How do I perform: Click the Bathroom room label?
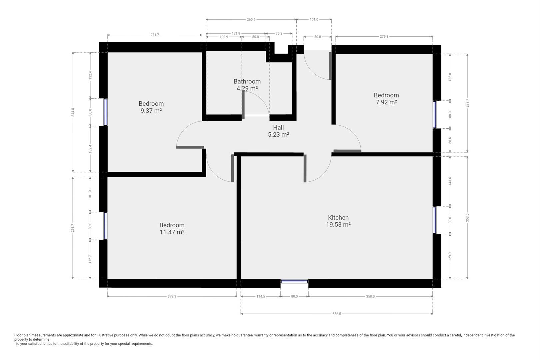coord(247,81)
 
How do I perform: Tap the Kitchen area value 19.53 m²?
coord(338,224)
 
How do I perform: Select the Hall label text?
coord(278,127)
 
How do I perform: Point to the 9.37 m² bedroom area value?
coord(151,111)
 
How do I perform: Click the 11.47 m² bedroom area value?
coord(172,232)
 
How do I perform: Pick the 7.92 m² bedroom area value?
coord(386,102)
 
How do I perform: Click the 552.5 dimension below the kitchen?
coord(337,314)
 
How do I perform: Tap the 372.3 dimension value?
coord(172,296)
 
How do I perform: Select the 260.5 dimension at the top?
coord(251,20)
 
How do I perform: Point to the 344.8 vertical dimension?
coord(73,112)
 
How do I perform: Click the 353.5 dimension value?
coord(467,217)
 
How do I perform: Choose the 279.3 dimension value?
coord(384,36)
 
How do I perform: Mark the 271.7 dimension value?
coord(155,35)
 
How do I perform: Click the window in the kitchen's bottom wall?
coord(294,281)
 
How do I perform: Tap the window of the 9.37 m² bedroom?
coord(105,112)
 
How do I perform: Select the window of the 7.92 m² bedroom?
coord(435,115)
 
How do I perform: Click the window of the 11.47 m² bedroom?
coord(105,226)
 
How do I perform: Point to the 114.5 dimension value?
coord(261,296)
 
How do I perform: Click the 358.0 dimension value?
coord(370,296)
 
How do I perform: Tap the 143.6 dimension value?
coord(450,181)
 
